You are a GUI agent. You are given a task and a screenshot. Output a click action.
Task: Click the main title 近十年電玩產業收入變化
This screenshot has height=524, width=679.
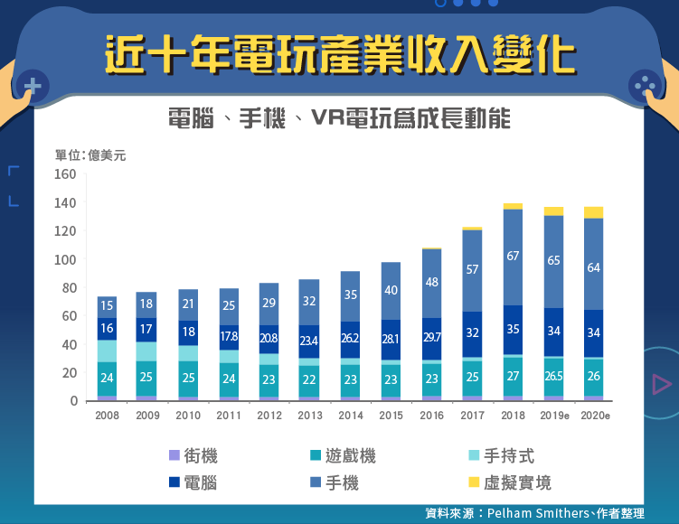coord(339,56)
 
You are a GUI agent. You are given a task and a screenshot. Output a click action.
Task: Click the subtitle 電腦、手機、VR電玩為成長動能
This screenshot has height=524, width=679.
coord(339,119)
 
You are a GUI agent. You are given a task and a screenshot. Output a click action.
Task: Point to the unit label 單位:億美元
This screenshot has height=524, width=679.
coord(90,155)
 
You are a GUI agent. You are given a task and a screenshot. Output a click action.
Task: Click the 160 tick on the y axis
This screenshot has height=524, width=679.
coord(64,174)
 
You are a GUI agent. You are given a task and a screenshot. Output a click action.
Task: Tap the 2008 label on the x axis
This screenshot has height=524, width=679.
coord(107,415)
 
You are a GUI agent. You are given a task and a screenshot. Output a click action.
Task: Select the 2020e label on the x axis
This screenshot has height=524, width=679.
coord(593,415)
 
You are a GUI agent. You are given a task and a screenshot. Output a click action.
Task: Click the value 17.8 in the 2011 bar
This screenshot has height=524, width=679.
coord(230,337)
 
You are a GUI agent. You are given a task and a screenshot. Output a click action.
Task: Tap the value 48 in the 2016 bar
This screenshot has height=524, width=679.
coord(431,282)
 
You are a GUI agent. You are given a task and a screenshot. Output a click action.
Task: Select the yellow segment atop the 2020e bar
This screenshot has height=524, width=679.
coord(593,212)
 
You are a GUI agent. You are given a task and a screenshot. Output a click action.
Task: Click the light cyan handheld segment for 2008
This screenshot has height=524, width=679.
coord(107,351)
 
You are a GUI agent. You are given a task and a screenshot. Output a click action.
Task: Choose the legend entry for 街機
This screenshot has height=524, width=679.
coord(193,456)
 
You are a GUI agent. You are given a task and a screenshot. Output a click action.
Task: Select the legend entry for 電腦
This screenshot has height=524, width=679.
coord(193,482)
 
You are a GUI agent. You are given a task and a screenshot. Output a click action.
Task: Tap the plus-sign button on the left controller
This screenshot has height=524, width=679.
coord(33,87)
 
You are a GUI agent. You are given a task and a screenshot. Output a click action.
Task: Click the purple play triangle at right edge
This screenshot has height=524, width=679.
coord(662,384)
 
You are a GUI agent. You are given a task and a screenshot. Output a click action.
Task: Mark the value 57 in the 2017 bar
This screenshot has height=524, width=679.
coord(472,269)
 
